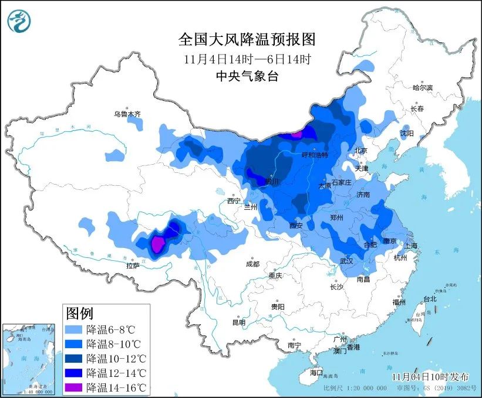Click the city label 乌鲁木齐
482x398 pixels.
pyautogui.click(x=127, y=114)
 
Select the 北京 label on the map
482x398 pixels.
pyautogui.click(x=360, y=151)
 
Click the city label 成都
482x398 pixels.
pyautogui.click(x=252, y=264)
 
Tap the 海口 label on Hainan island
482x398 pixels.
pyautogui.click(x=316, y=372)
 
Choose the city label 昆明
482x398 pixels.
pyautogui.click(x=238, y=322)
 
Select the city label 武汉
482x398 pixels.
pyautogui.click(x=346, y=261)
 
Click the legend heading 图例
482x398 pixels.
pyautogui.click(x=79, y=312)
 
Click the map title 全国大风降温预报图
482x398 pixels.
pyautogui.click(x=247, y=40)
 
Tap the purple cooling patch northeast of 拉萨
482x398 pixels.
pyautogui.click(x=157, y=243)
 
